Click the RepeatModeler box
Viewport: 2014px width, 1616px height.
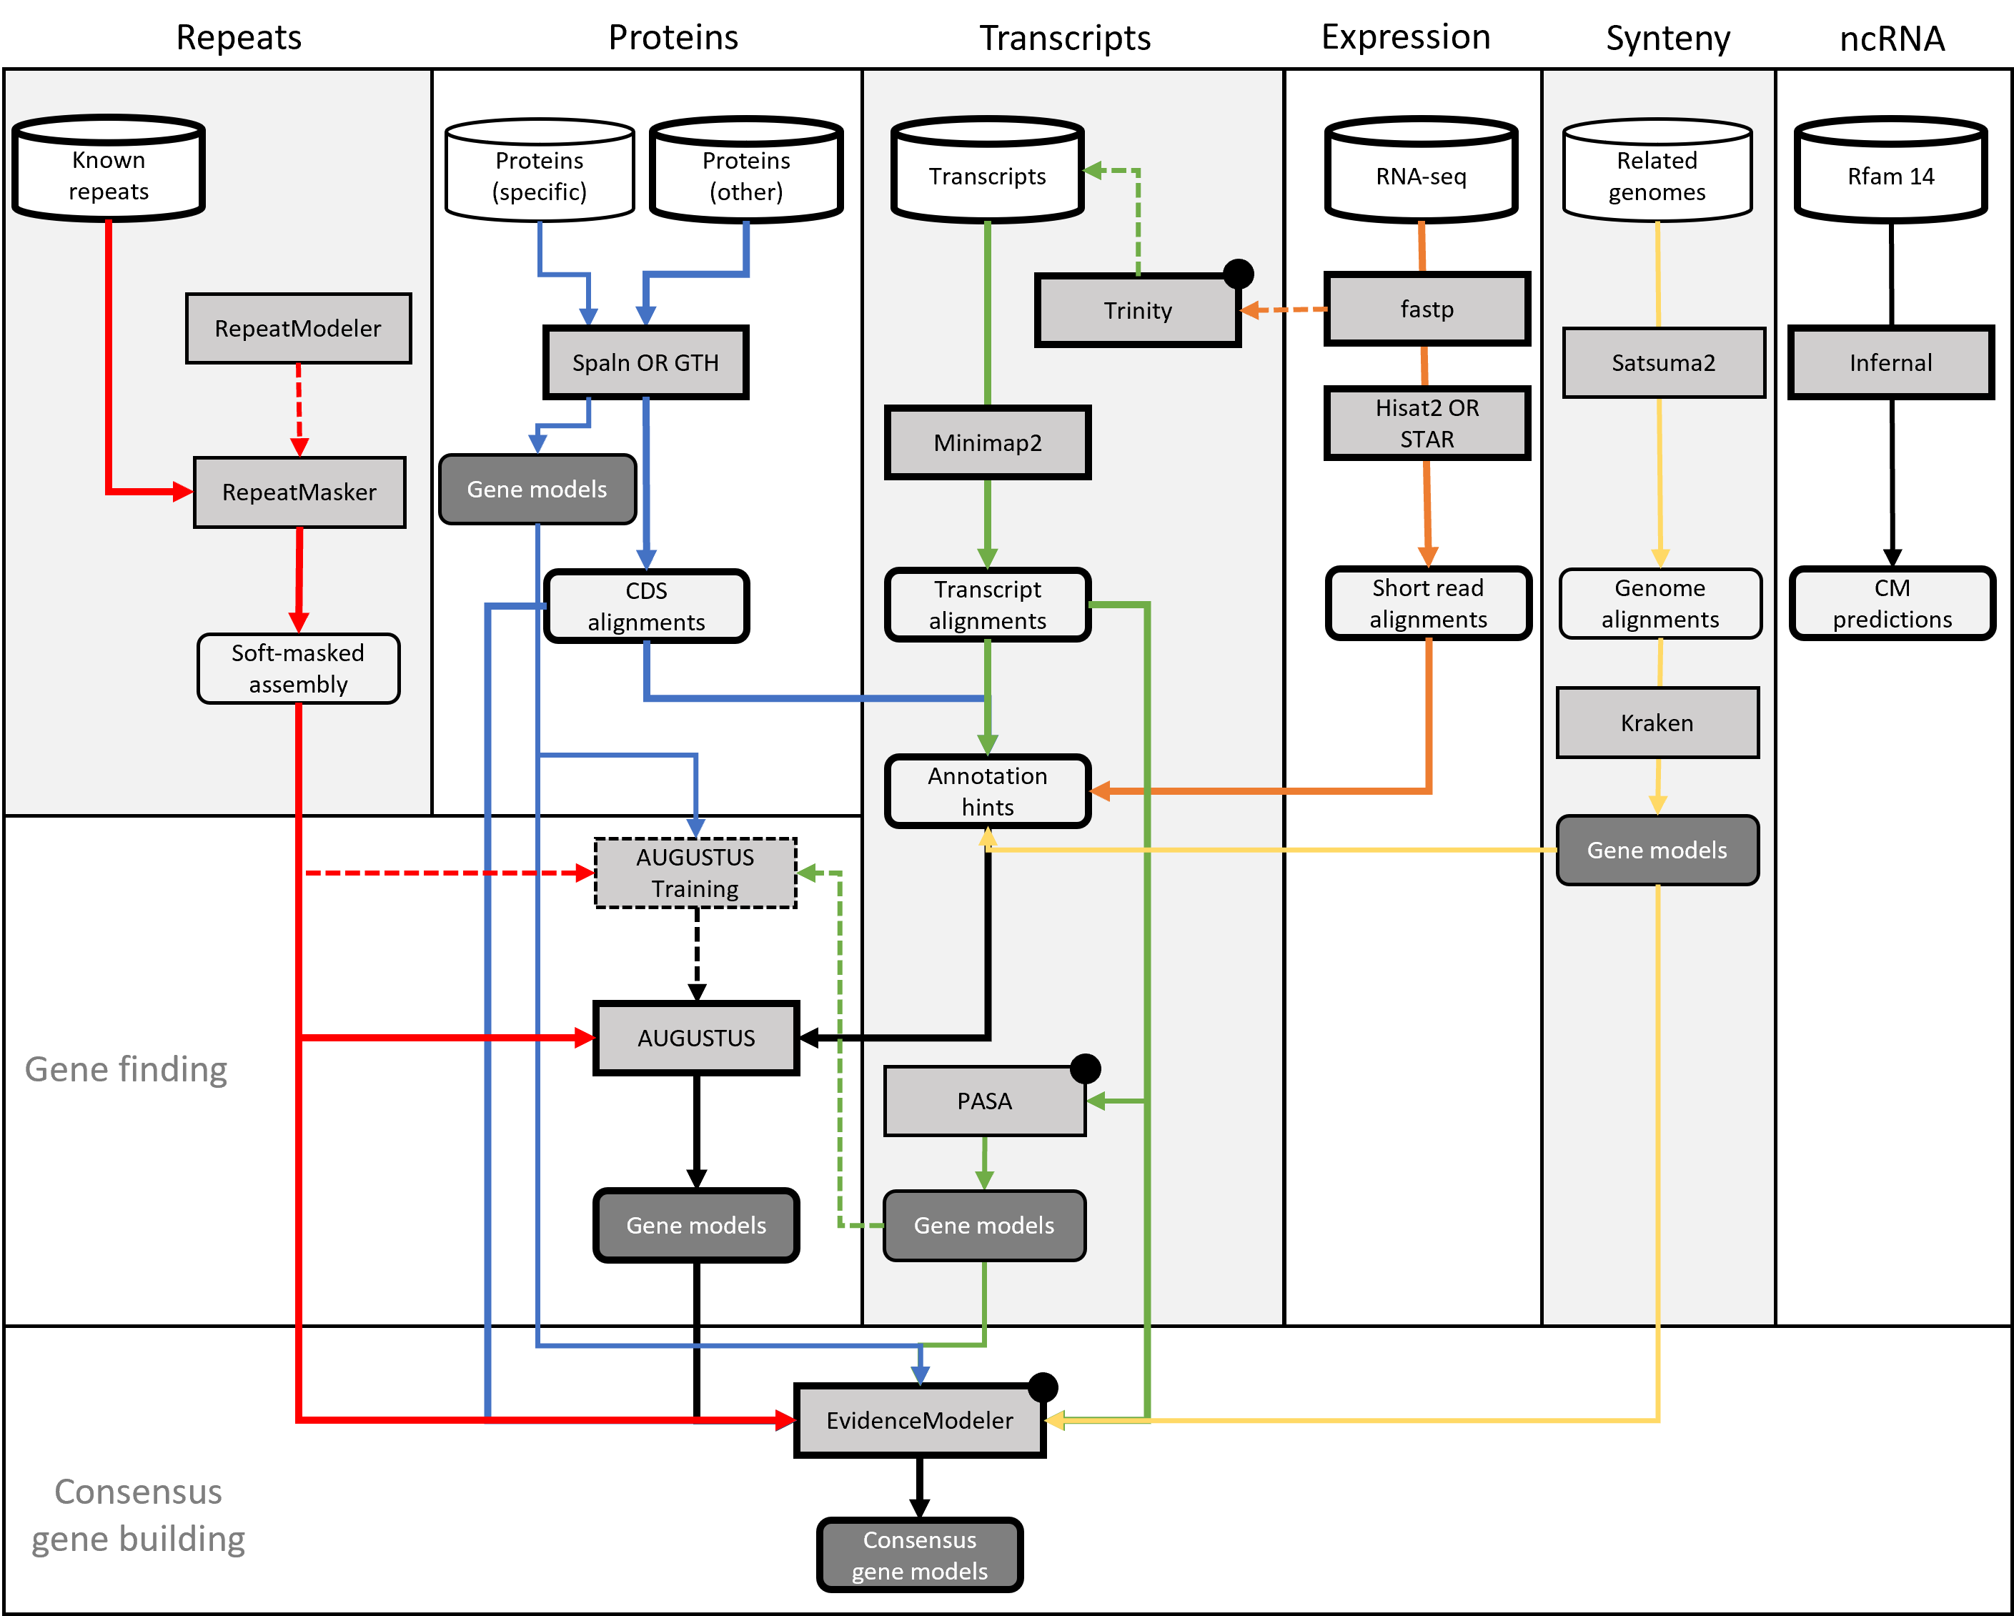pyautogui.click(x=298, y=329)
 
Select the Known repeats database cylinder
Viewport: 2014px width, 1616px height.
pyautogui.click(x=109, y=170)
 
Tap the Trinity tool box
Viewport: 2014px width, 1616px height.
pyautogui.click(x=1137, y=311)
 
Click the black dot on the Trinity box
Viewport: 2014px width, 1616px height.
pyautogui.click(x=1238, y=274)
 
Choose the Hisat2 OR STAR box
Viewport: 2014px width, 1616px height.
pyautogui.click(x=1427, y=423)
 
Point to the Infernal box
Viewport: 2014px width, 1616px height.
pyautogui.click(x=1890, y=362)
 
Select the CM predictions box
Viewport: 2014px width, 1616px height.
pyautogui.click(x=1892, y=603)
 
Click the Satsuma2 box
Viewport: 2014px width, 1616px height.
pyautogui.click(x=1664, y=362)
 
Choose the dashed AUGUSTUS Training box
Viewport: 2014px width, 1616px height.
pyautogui.click(x=696, y=873)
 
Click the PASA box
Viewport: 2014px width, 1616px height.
pyautogui.click(x=985, y=1101)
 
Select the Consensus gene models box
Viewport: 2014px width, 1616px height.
pyautogui.click(x=919, y=1555)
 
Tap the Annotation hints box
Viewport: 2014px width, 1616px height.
pyautogui.click(x=988, y=791)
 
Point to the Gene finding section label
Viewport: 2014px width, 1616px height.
pyautogui.click(x=126, y=1069)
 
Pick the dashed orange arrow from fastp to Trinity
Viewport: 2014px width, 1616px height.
pyautogui.click(x=1284, y=309)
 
